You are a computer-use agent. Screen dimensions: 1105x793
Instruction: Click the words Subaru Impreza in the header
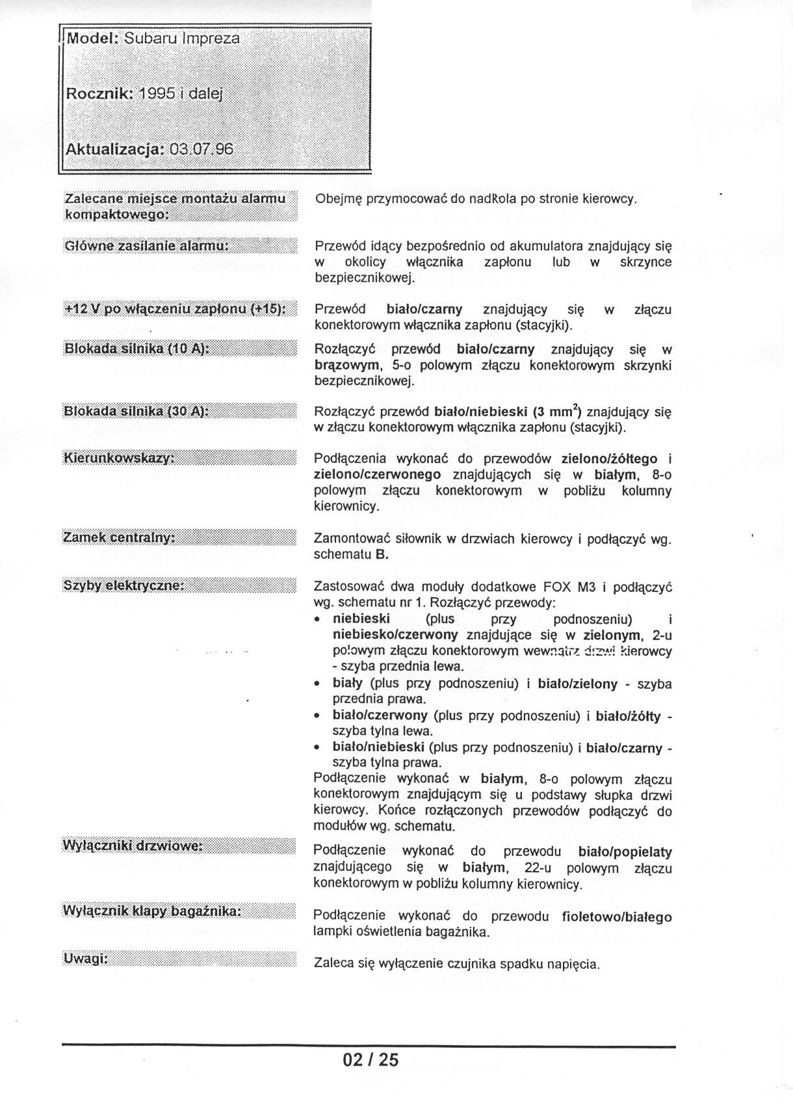[x=182, y=38]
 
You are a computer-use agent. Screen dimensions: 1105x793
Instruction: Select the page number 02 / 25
[x=370, y=1059]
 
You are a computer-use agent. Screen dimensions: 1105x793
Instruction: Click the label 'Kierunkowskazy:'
[x=119, y=459]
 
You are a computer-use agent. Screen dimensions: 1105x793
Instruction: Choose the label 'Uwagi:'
[x=85, y=959]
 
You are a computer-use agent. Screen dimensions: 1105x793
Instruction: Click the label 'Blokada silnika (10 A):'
[x=136, y=349]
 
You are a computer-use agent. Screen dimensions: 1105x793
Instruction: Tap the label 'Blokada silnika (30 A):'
[x=136, y=411]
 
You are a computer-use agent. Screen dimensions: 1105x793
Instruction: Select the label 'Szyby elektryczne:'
[x=123, y=585]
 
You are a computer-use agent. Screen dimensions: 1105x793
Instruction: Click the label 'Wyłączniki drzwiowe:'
[x=133, y=845]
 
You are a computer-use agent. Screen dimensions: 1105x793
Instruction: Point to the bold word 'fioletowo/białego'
[x=616, y=917]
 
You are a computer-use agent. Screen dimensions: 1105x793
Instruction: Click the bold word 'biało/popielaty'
[x=625, y=851]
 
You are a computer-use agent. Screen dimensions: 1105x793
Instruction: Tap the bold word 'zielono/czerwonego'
[x=378, y=474]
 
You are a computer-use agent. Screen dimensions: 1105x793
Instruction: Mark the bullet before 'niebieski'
[x=317, y=620]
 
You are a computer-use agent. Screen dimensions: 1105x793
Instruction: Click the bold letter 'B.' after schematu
[x=382, y=555]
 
